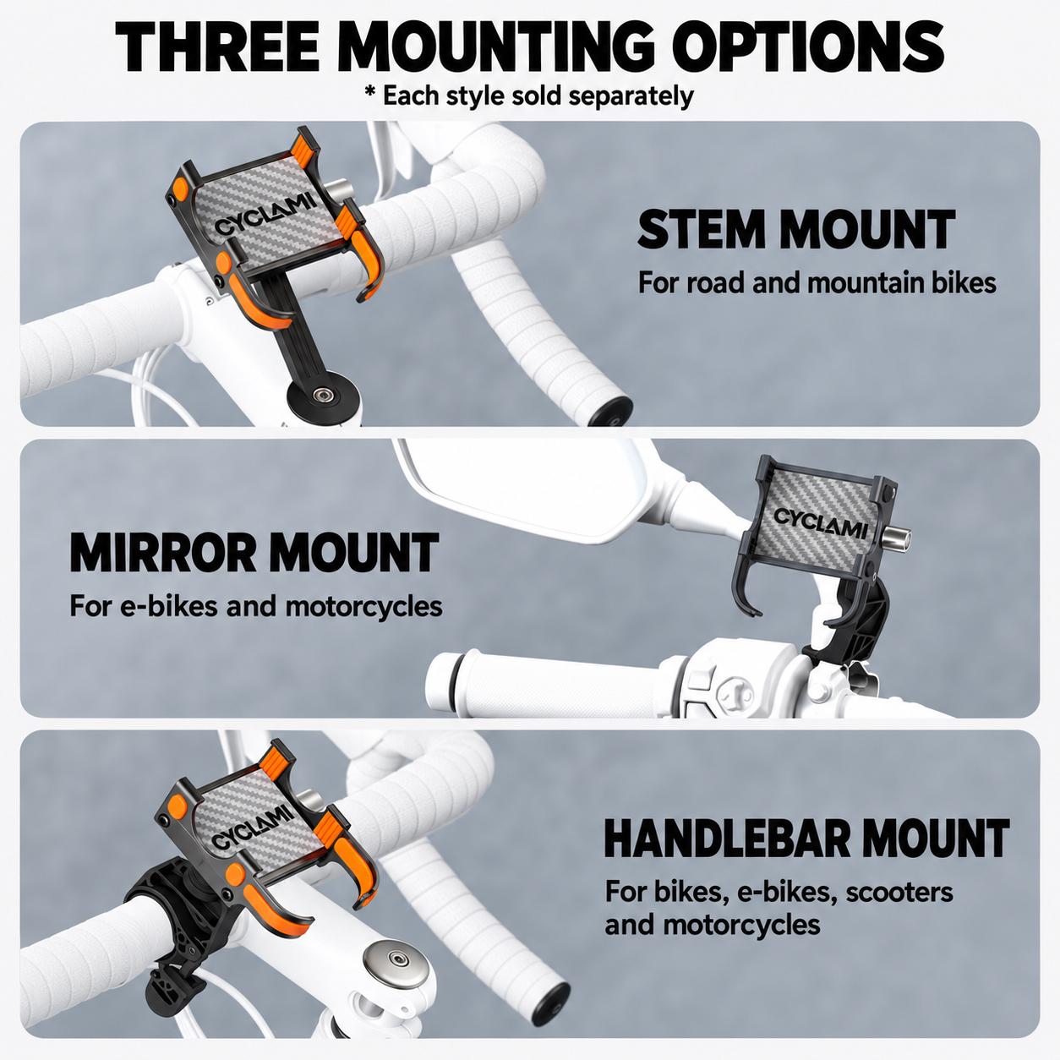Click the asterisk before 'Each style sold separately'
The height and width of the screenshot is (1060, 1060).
click(371, 92)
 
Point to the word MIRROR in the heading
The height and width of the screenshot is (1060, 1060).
click(163, 552)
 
